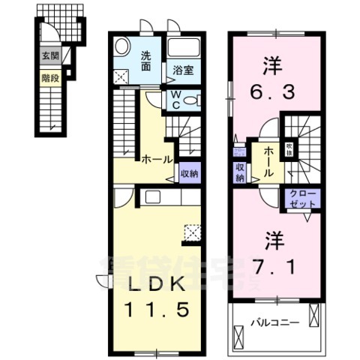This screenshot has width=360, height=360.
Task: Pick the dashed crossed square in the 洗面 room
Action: (x=121, y=75)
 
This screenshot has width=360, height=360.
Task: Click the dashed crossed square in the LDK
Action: (x=192, y=234)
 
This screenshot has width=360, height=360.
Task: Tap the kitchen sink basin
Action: (x=150, y=197)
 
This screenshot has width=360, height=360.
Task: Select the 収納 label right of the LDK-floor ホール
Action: (x=188, y=173)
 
